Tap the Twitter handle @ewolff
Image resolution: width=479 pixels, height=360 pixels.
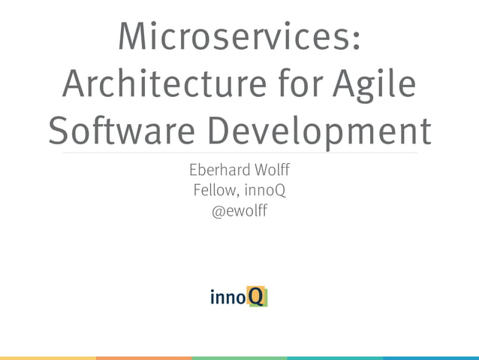[239, 212]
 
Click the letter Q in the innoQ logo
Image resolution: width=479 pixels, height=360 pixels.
[257, 297]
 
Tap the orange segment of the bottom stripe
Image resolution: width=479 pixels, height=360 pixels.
[143, 358]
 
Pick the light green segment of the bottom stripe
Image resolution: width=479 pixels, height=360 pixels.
[239, 358]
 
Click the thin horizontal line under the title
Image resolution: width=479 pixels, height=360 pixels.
[239, 153]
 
